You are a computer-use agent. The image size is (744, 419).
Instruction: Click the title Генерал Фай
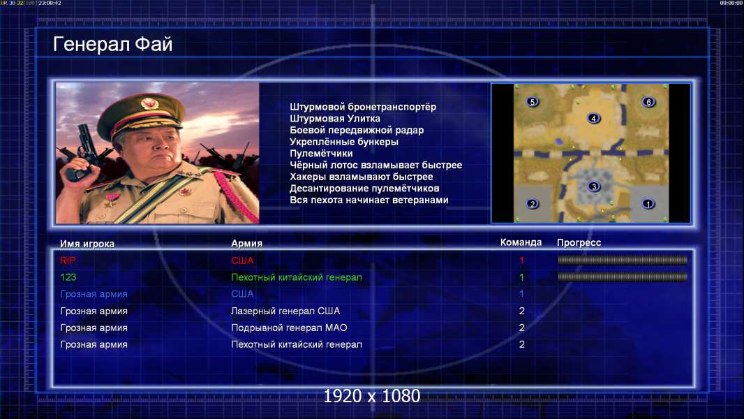click(112, 44)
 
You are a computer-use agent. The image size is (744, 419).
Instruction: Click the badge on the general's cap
click(149, 103)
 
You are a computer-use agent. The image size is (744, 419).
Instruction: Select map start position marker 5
click(533, 101)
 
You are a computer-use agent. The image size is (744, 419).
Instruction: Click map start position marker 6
click(648, 101)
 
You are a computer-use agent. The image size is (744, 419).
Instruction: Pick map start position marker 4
click(593, 118)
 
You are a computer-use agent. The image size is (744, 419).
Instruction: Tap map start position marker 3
click(593, 186)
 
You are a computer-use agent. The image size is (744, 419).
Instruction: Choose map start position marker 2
click(533, 204)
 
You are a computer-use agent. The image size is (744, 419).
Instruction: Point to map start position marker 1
click(648, 204)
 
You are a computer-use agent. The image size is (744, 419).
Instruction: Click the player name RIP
click(68, 260)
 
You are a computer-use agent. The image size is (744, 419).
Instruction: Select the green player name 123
click(68, 277)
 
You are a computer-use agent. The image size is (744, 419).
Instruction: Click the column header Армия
click(247, 244)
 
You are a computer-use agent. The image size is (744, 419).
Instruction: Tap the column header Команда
click(521, 242)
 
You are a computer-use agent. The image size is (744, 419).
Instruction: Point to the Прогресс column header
click(579, 243)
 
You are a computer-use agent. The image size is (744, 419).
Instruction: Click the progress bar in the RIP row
click(623, 260)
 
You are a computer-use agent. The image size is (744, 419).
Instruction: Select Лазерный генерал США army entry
click(285, 311)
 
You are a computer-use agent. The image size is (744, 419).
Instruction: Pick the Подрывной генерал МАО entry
click(289, 328)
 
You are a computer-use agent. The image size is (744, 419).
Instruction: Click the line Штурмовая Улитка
click(335, 119)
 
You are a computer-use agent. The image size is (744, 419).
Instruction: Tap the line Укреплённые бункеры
click(344, 142)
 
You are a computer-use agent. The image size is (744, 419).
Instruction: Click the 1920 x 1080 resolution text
click(372, 396)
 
